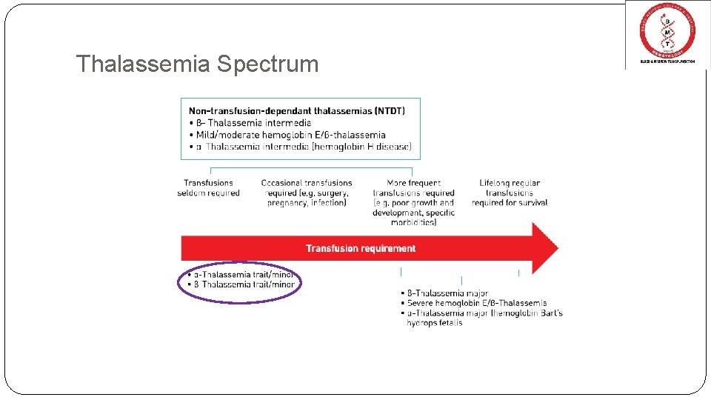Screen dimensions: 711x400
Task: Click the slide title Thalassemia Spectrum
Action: (197, 64)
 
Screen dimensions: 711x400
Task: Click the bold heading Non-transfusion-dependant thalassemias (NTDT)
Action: (296, 111)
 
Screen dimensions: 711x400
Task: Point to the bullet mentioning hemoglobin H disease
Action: (303, 147)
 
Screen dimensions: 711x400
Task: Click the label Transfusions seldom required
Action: (209, 188)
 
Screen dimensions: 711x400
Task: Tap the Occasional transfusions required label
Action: (307, 193)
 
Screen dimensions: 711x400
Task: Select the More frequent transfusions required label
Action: (413, 202)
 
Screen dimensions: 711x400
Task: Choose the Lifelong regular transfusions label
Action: (510, 193)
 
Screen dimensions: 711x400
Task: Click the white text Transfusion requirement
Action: (361, 249)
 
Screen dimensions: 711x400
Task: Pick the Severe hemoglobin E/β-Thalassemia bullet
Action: (476, 303)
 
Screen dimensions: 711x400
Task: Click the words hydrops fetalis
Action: (434, 323)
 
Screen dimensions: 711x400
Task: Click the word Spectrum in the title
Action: (267, 64)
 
